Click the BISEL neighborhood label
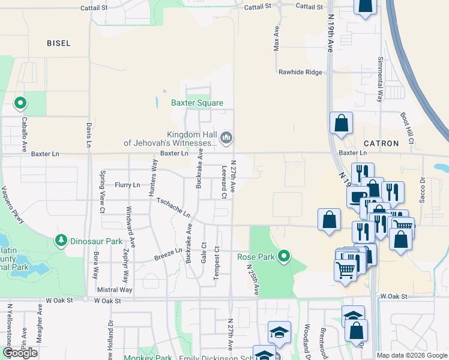point(59,43)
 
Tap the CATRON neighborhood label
point(381,143)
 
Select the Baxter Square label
point(197,103)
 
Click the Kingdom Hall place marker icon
point(226,138)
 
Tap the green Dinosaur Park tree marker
point(61,241)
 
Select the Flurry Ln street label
point(127,185)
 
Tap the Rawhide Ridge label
point(300,72)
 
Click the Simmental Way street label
point(380,80)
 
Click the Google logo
point(20,353)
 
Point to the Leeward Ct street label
point(224,182)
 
